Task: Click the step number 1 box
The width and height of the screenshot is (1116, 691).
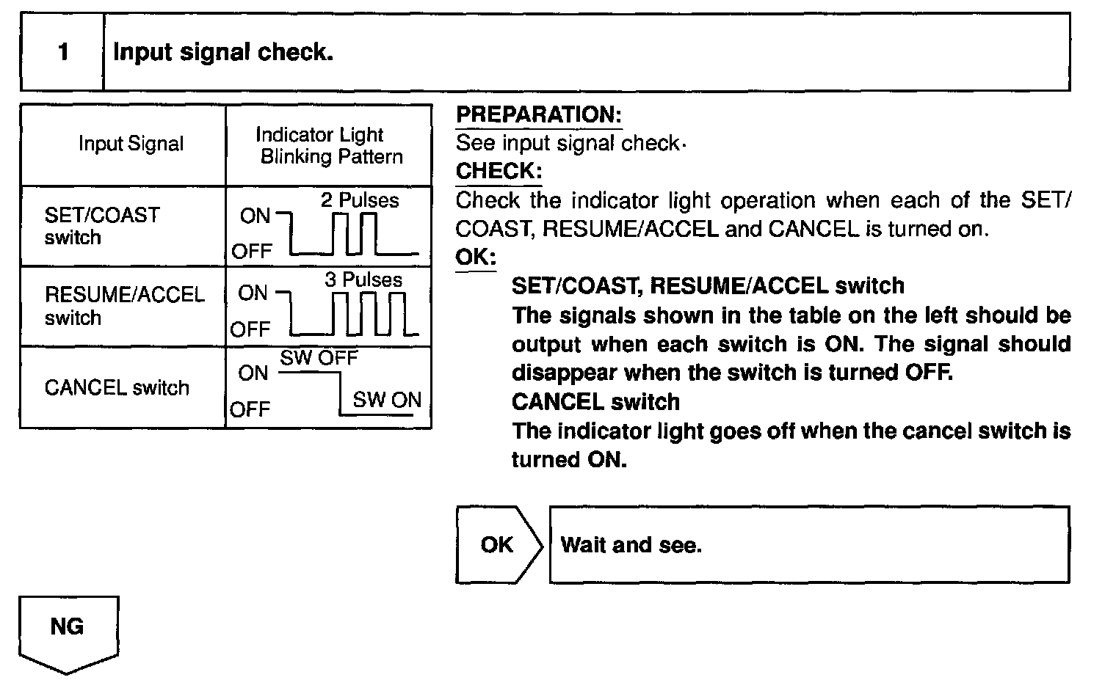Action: point(63,52)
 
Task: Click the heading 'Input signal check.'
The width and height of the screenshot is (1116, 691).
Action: point(223,52)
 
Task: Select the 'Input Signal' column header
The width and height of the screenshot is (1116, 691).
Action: point(131,144)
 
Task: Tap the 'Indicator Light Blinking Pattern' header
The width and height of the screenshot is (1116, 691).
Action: point(329,145)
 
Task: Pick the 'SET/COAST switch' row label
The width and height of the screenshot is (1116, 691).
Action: point(101,226)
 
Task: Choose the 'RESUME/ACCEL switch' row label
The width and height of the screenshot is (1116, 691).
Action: point(123,306)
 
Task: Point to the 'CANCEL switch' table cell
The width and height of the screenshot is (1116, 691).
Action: point(116,387)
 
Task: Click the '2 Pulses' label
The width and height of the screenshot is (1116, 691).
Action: point(360,200)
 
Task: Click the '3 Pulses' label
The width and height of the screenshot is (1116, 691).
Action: point(363,279)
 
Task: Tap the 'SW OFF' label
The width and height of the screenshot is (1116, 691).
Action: point(319,358)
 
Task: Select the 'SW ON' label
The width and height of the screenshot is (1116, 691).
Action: point(387,400)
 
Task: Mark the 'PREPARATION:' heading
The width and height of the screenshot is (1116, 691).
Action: point(538,114)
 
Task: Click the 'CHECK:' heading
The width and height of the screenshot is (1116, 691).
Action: point(499,171)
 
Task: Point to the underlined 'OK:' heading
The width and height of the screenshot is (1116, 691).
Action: point(475,257)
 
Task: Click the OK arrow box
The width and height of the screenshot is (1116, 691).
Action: point(498,544)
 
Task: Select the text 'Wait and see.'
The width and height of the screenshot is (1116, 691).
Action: point(631,545)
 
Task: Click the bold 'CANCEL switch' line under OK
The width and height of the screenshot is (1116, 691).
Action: point(595,402)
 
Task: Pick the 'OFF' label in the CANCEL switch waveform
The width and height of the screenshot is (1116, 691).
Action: point(250,409)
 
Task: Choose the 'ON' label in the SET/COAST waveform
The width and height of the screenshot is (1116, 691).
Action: point(255,216)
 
